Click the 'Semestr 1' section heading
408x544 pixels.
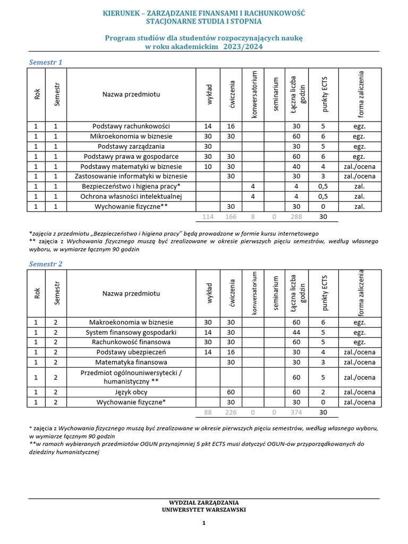[45, 62]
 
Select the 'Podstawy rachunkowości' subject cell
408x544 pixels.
[131, 126]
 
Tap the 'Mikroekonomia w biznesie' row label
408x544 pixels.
[131, 137]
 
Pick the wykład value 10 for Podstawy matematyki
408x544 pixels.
[208, 166]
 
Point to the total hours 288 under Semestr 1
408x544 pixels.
[296, 217]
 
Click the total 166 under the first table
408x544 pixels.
[231, 217]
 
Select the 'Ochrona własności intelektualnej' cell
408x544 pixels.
[131, 197]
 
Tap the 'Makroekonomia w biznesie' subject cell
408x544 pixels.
[131, 322]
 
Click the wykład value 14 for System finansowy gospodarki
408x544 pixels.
[208, 333]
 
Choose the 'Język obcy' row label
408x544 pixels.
[131, 392]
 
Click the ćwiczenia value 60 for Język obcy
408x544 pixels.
[231, 392]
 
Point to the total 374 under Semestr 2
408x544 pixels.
[296, 413]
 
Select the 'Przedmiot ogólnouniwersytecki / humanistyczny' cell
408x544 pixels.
[131, 377]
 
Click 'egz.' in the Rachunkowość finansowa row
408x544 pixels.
[359, 342]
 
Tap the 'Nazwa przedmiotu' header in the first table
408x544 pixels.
[131, 95]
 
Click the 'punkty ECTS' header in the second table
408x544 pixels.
[325, 294]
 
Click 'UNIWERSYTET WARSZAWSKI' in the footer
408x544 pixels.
[203, 509]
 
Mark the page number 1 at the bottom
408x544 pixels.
[203, 523]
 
